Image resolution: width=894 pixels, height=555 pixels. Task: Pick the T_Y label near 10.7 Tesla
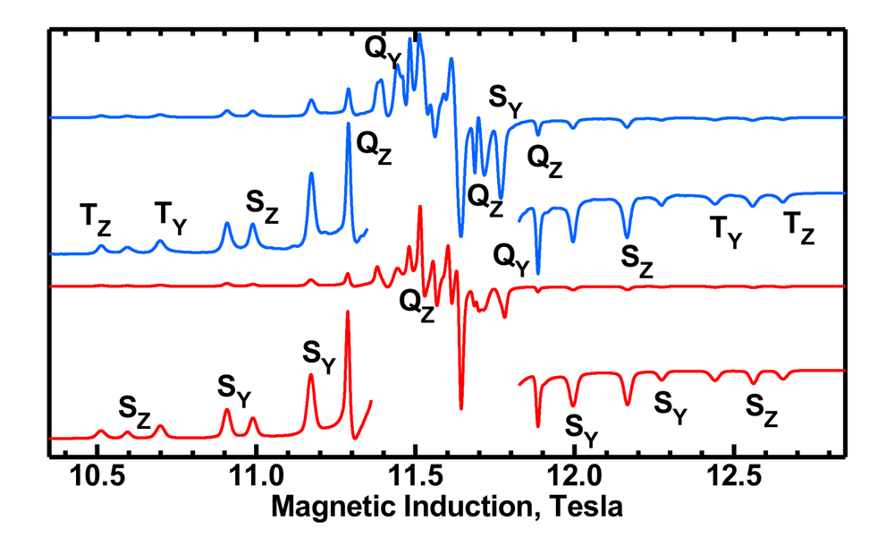(x=171, y=217)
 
